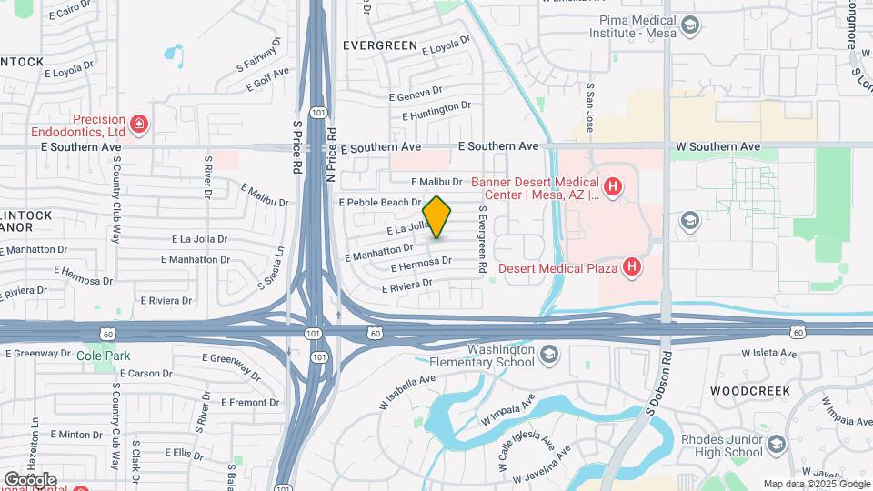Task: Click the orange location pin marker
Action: point(437,217)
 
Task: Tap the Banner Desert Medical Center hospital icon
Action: point(614,187)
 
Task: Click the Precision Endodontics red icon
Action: point(138,123)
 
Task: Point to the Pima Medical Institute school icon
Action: point(690,25)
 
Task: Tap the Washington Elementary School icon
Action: point(548,353)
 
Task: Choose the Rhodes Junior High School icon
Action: point(776,445)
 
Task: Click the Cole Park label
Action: point(97,355)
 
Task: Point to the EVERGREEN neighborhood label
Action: point(380,45)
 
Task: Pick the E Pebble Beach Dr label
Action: point(379,202)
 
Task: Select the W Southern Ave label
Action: point(717,146)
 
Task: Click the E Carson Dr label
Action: point(145,373)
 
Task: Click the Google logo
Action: point(30,479)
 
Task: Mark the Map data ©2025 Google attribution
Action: point(816,484)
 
